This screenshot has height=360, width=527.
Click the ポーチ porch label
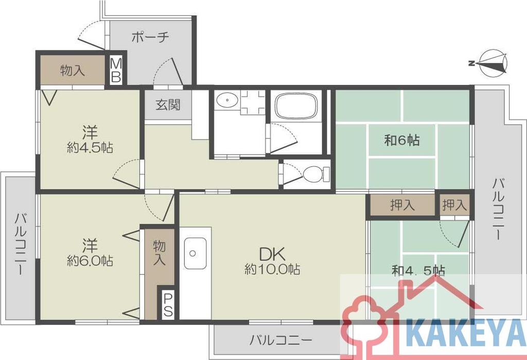point(150,37)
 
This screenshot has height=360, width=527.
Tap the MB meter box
point(116,71)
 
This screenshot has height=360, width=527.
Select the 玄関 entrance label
point(168,105)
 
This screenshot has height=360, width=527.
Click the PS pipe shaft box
point(168,305)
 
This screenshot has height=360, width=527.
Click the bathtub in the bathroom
point(296,106)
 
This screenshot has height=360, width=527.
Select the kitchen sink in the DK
point(195,253)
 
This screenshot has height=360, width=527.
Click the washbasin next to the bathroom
point(227,100)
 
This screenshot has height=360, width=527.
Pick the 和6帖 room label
point(401,140)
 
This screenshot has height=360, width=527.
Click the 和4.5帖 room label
point(419,270)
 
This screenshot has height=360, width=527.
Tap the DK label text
point(272,254)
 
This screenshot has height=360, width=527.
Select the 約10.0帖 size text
point(272,269)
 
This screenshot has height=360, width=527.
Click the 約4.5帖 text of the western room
point(90,148)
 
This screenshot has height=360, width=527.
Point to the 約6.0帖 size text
point(90,261)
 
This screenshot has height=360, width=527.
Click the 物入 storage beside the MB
point(72,71)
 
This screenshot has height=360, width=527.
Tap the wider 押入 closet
point(402,205)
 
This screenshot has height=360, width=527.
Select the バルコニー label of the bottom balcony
point(281,340)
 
